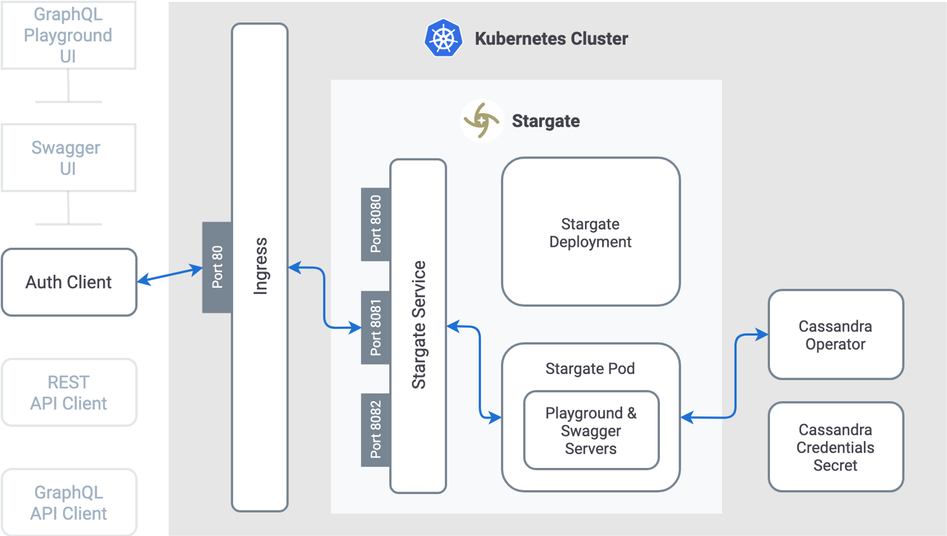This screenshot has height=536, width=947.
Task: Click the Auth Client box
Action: coord(69,282)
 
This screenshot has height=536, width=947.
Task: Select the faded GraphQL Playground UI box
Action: coord(68,36)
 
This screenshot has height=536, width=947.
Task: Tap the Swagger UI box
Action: coord(68,158)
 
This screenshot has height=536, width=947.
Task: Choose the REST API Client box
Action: coord(69,393)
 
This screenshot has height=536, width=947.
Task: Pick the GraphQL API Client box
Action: coord(69,502)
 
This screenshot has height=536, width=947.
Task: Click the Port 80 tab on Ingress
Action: coord(217,267)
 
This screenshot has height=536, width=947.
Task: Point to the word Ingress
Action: coord(260,267)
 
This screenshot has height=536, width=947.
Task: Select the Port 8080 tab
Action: coord(375,224)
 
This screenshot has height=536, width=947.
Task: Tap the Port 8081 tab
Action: coord(375,328)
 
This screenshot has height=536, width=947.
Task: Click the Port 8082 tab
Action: coord(375,430)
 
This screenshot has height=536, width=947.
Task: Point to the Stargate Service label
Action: coord(418,326)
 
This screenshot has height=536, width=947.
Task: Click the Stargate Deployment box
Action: coord(590,232)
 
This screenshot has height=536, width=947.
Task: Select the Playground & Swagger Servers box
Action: coord(591,430)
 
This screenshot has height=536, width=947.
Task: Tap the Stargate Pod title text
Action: coord(590,369)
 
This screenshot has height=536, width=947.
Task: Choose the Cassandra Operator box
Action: coord(836,335)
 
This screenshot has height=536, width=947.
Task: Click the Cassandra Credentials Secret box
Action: coord(836,447)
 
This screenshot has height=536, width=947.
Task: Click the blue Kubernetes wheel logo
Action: coord(443,38)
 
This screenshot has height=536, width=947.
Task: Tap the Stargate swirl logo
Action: coord(481,121)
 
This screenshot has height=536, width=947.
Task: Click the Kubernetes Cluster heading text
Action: coord(551,38)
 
